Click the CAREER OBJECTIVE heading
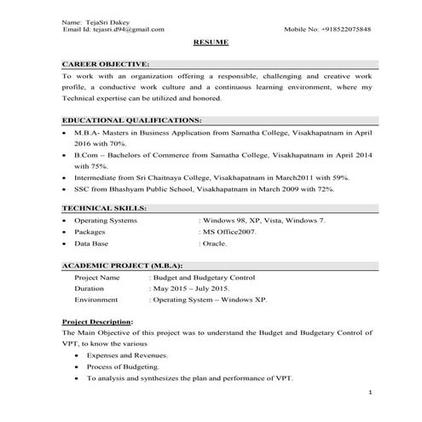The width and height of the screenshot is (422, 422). tap(105, 64)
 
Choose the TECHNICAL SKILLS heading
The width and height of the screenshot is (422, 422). tap(105, 208)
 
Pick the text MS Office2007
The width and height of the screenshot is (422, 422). tap(229, 231)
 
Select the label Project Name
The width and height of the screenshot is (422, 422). tap(96, 277)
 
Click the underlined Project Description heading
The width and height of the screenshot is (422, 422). tap(97, 321)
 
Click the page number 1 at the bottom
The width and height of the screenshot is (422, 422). tap(370, 392)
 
